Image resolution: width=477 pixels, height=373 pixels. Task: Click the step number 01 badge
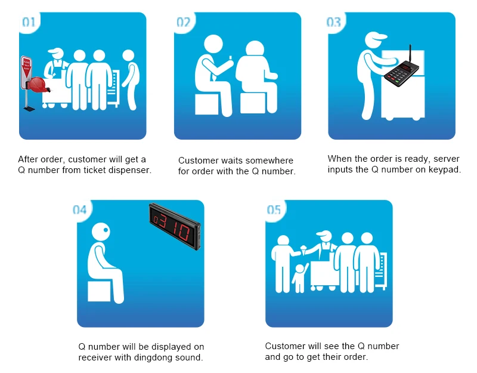click(x=29, y=22)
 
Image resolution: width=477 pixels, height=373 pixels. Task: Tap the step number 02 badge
click(x=184, y=22)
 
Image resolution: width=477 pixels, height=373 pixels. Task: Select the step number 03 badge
click(x=334, y=22)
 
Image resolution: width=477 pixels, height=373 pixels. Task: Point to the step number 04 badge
click(x=80, y=210)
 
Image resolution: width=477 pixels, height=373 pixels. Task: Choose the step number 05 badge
click(x=274, y=210)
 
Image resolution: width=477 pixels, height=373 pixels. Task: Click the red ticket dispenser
click(x=38, y=84)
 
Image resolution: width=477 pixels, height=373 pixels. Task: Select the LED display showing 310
click(x=175, y=226)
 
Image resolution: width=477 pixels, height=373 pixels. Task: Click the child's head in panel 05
click(x=300, y=269)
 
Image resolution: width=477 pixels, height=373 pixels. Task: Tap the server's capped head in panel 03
click(x=375, y=39)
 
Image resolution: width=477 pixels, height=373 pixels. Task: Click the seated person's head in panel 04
click(x=101, y=232)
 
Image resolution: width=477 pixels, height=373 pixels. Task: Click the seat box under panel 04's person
click(x=99, y=291)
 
